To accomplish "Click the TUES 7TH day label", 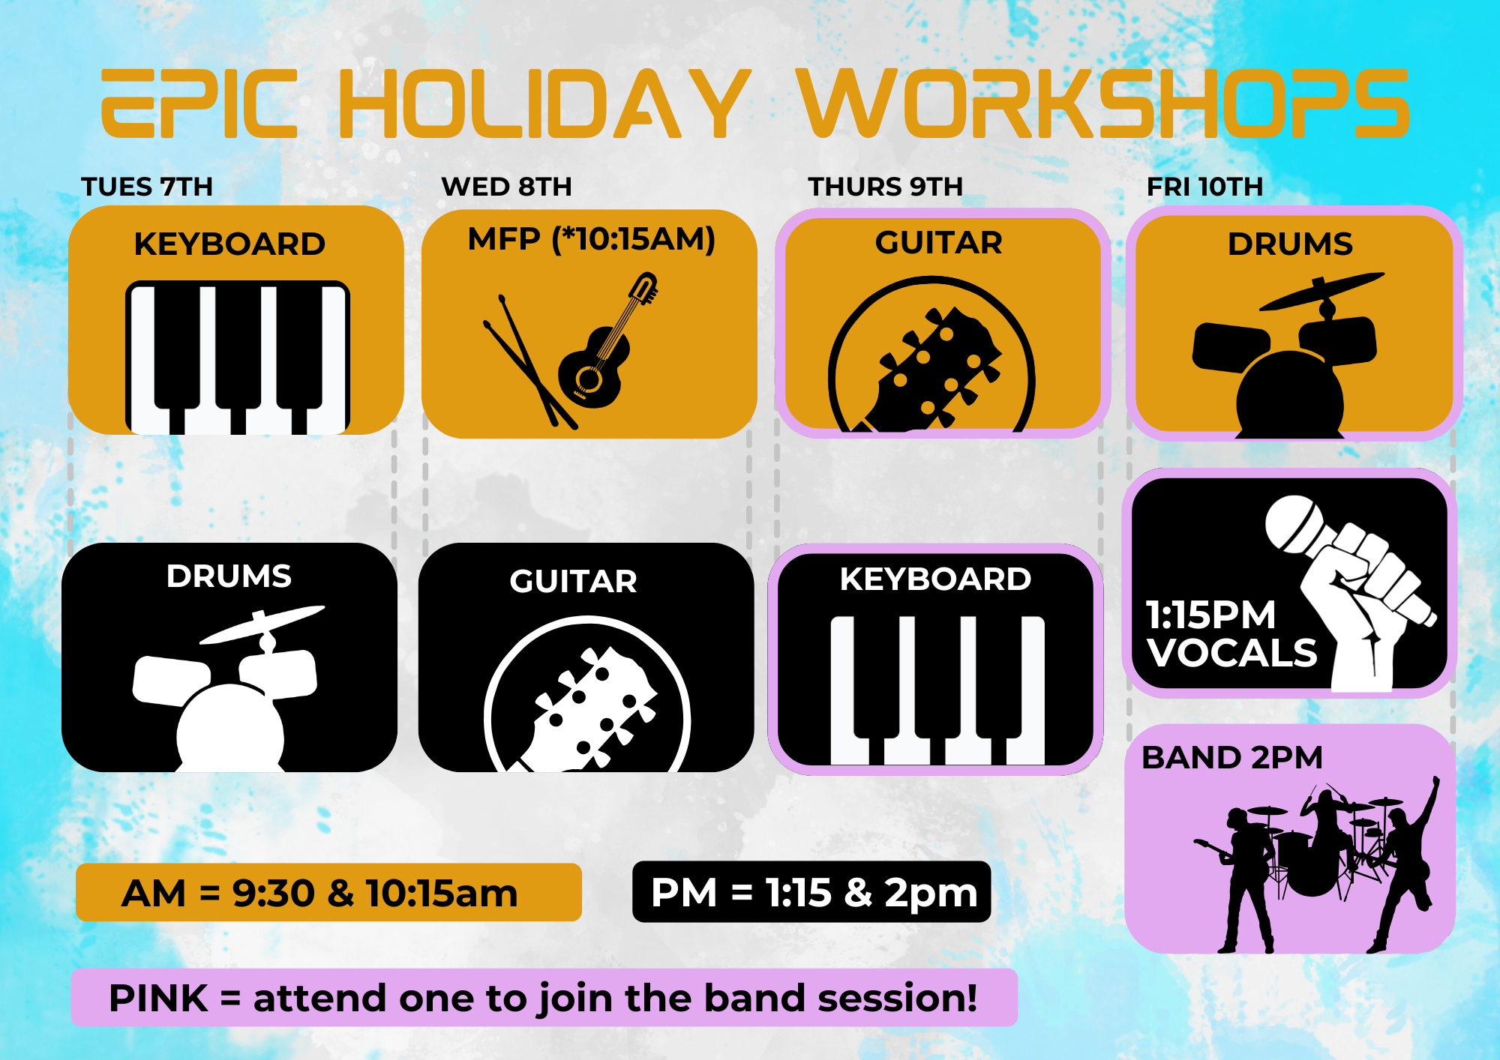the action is [x=147, y=187].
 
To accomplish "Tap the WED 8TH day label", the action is [x=506, y=187].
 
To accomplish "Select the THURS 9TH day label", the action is [x=885, y=187].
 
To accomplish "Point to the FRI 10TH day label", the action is [x=1204, y=187].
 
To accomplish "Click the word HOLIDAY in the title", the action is [x=544, y=103].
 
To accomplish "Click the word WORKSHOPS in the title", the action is [x=1102, y=103].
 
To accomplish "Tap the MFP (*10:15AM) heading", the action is [x=592, y=239].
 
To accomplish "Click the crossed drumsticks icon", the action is [x=529, y=362].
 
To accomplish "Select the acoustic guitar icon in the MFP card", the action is [x=607, y=342].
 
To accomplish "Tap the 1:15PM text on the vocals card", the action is [x=1210, y=615].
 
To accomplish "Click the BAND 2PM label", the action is [x=1232, y=757].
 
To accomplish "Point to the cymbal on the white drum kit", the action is [x=262, y=624].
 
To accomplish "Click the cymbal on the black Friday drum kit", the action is [x=1321, y=292].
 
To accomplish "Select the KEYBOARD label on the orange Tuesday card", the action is [x=229, y=244].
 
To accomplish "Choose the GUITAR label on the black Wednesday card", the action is [x=573, y=581].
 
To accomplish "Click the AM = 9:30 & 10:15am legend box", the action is [x=328, y=892].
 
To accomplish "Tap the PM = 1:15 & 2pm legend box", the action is [x=811, y=891].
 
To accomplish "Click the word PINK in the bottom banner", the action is [x=158, y=998].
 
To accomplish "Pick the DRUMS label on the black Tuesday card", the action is [x=229, y=576].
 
